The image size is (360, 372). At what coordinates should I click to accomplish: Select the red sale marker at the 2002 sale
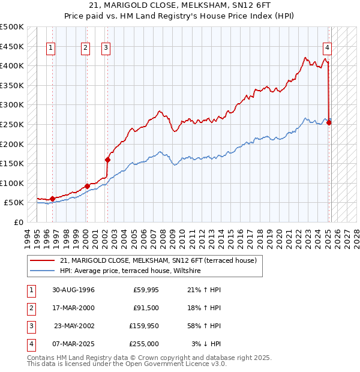tap(108, 160)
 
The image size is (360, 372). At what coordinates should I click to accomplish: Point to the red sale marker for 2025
tap(329, 123)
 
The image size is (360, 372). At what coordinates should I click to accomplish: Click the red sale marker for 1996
tap(52, 199)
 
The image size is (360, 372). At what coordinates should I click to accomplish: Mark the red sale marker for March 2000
tap(87, 186)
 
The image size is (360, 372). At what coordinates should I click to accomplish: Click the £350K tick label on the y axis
tap(12, 86)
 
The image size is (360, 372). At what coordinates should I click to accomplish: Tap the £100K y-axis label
tap(12, 183)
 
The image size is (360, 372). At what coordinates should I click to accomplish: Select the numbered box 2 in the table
tap(30, 308)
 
